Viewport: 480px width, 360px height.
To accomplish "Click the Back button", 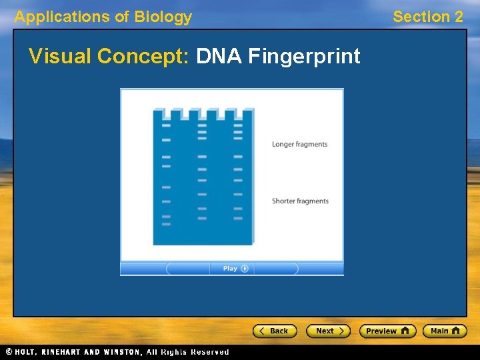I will (x=274, y=331).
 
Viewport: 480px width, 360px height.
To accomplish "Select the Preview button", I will (x=387, y=331).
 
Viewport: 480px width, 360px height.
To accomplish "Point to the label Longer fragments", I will (x=299, y=144).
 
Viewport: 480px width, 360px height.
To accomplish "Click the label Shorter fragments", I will (x=300, y=201).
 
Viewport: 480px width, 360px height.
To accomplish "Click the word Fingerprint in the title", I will (x=304, y=57).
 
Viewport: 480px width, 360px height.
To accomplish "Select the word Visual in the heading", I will (x=61, y=57).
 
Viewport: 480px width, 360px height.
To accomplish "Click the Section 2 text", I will (x=427, y=17).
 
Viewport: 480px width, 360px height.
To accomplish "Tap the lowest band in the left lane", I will (x=166, y=224).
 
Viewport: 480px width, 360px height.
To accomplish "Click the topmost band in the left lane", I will (x=166, y=125).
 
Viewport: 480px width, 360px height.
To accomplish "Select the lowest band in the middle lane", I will (x=202, y=218).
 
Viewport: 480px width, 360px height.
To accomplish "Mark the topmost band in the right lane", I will (x=238, y=125).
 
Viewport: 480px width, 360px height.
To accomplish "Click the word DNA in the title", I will (x=219, y=57).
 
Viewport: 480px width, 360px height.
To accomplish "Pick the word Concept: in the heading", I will (x=144, y=57).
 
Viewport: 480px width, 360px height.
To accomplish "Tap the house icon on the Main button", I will (x=457, y=331).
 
